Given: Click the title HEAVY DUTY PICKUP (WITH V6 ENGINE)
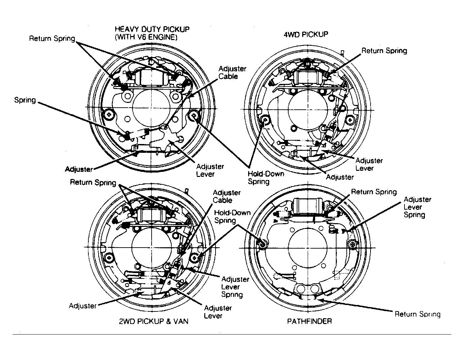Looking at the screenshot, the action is click(152, 33).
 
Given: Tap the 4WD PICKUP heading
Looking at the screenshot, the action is click(306, 34).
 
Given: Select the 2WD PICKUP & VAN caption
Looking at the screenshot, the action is click(154, 321).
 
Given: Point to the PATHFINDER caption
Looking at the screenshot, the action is click(309, 321).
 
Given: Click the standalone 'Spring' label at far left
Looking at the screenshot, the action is click(25, 100).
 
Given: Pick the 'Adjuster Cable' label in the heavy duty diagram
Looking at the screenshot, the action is click(232, 73).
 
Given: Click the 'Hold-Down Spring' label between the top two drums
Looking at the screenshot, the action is click(266, 178).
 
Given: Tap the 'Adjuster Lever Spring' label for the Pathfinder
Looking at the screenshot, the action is click(417, 207).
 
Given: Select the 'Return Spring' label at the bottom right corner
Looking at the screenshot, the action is click(417, 314).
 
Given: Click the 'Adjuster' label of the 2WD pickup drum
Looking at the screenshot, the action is click(83, 306).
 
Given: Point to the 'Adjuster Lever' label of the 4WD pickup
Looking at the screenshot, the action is click(369, 164).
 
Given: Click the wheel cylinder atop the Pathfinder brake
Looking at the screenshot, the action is click(308, 206).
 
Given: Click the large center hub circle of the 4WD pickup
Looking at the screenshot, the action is click(308, 109).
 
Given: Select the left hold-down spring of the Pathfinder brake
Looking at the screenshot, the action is click(263, 244).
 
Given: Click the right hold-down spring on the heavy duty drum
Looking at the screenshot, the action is click(194, 116).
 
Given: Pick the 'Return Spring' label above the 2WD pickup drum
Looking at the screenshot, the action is click(93, 183).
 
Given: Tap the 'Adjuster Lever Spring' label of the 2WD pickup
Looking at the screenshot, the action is click(235, 287).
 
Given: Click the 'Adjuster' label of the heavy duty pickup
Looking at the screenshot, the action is click(79, 169).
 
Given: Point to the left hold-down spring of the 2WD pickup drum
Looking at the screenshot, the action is click(109, 258).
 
